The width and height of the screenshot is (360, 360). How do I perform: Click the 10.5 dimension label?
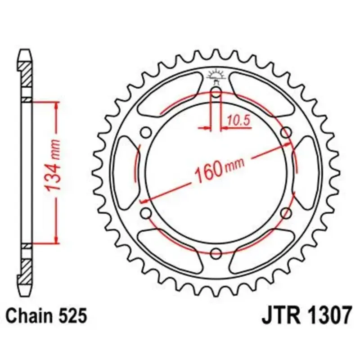[238, 120]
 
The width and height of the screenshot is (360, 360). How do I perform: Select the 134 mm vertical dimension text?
[52, 165]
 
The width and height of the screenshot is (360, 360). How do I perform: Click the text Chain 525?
[46, 316]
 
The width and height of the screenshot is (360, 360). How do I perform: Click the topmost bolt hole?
[216, 93]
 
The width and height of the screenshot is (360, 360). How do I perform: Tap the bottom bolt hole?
[216, 253]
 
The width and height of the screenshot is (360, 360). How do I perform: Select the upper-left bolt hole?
[146, 133]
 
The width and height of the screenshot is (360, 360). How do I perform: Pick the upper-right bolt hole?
[286, 133]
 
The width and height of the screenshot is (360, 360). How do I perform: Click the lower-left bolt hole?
[146, 213]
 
